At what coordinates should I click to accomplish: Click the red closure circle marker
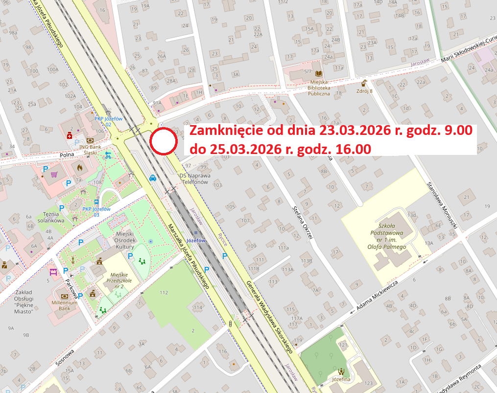point(163,142)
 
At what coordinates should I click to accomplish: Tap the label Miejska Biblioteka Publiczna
point(318,88)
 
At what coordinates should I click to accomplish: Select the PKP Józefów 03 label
point(96,212)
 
